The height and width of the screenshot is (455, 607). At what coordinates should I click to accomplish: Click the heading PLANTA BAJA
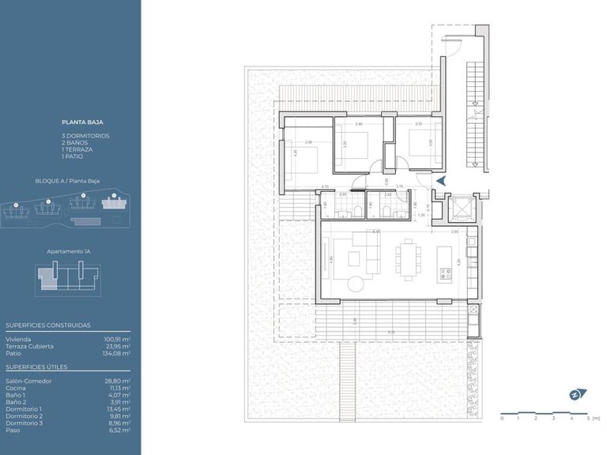pyautogui.click(x=82, y=122)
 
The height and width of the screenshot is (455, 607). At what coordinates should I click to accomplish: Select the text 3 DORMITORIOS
pyautogui.click(x=85, y=136)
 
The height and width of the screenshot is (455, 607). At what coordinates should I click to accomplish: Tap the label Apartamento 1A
pyautogui.click(x=70, y=251)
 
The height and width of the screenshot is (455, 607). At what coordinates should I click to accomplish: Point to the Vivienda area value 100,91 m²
pyautogui.click(x=117, y=339)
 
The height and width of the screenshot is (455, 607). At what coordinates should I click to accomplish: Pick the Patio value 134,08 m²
pyautogui.click(x=117, y=352)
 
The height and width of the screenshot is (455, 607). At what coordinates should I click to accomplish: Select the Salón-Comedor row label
pyautogui.click(x=28, y=381)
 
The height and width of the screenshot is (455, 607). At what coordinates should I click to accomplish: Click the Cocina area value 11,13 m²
pyautogui.click(x=119, y=388)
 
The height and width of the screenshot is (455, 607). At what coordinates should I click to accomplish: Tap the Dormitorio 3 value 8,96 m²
pyautogui.click(x=119, y=423)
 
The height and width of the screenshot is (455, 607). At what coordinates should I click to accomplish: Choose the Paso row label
pyautogui.click(x=13, y=430)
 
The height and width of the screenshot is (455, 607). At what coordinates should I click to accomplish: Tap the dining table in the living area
pyautogui.click(x=409, y=258)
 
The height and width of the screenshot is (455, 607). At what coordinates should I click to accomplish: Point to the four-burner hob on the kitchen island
pyautogui.click(x=445, y=274)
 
